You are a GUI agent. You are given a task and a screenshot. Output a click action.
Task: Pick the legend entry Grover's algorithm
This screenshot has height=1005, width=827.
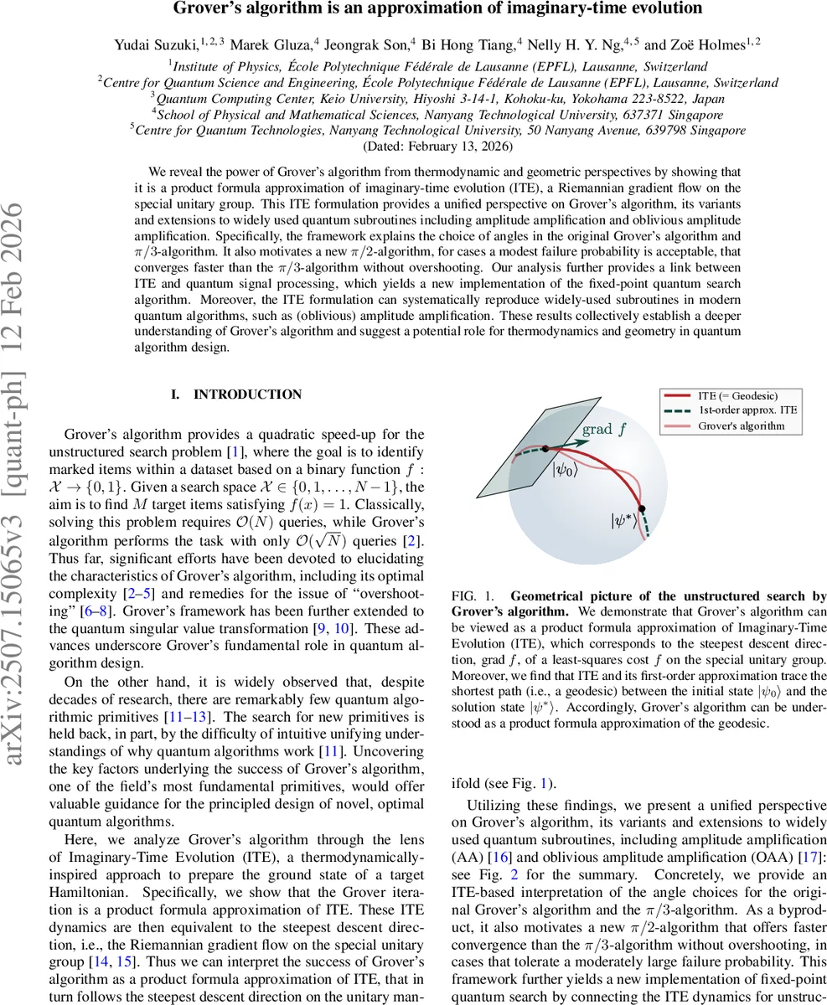(x=741, y=425)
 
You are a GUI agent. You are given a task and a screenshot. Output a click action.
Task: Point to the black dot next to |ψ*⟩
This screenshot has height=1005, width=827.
(x=642, y=508)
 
